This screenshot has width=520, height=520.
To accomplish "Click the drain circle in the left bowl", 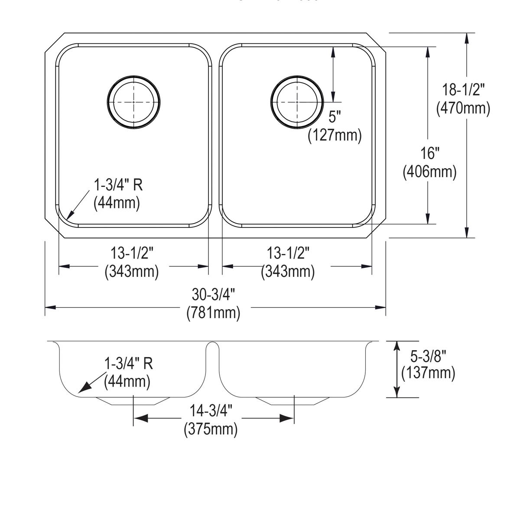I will click(133, 103).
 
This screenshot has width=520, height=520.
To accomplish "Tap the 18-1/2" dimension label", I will click(463, 90).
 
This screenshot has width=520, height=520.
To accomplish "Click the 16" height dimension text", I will click(430, 153).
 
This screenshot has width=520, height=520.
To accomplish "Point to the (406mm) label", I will click(429, 172).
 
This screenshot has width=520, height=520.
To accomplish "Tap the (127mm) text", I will click(335, 136).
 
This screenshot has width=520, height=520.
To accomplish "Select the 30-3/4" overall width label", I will click(213, 295).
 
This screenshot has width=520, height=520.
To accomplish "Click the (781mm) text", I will click(213, 312).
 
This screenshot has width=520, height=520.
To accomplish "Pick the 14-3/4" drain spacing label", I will click(211, 410).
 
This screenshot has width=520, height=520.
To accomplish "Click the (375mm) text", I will click(211, 429).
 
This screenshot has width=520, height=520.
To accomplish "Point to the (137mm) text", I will click(428, 373).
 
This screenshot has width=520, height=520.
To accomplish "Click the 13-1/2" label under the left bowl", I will click(132, 253).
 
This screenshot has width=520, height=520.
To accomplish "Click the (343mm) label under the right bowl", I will click(288, 272).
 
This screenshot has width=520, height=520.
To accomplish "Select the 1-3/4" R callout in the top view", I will click(118, 185).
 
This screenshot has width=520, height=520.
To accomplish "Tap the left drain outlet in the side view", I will click(133, 401).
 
